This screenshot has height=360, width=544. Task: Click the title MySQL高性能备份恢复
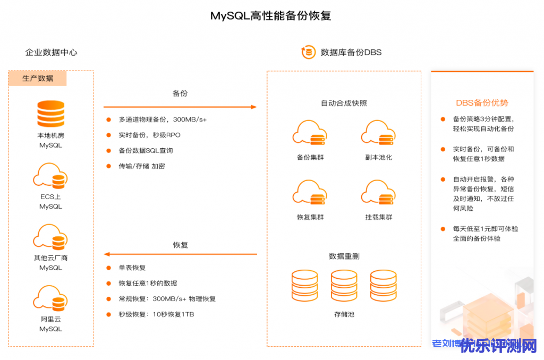coord(270,16)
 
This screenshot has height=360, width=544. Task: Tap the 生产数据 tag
coord(38,79)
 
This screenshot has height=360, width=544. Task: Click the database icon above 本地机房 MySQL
coord(50,114)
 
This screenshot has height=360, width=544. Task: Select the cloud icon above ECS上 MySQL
coord(50,176)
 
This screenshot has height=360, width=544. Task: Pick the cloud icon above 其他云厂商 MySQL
coord(50,237)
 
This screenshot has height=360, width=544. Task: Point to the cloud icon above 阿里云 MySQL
coord(50,298)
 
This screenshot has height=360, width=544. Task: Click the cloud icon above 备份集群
coord(310,133)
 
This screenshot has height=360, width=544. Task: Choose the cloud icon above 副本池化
coord(378,133)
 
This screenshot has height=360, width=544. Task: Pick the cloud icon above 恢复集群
coord(310,193)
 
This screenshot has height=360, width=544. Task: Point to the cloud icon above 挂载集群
coord(378,193)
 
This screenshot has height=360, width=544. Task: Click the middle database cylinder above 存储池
coord(344,286)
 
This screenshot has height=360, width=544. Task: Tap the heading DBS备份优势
coord(482,103)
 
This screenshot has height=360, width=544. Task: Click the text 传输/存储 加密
coord(142,166)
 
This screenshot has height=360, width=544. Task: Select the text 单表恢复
coord(132,268)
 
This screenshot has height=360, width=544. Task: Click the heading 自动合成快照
coord(344,103)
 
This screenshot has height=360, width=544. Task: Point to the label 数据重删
coord(344,256)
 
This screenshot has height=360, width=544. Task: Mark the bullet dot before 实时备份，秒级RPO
coord(109,135)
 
